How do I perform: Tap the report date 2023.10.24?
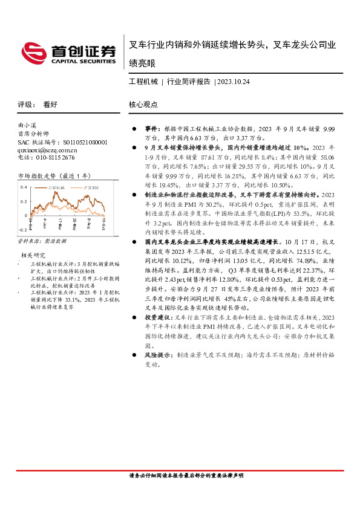tap(234, 81)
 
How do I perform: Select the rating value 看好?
tap(50, 104)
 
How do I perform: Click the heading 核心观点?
tap(143, 104)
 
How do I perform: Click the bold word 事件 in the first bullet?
tap(151, 130)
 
